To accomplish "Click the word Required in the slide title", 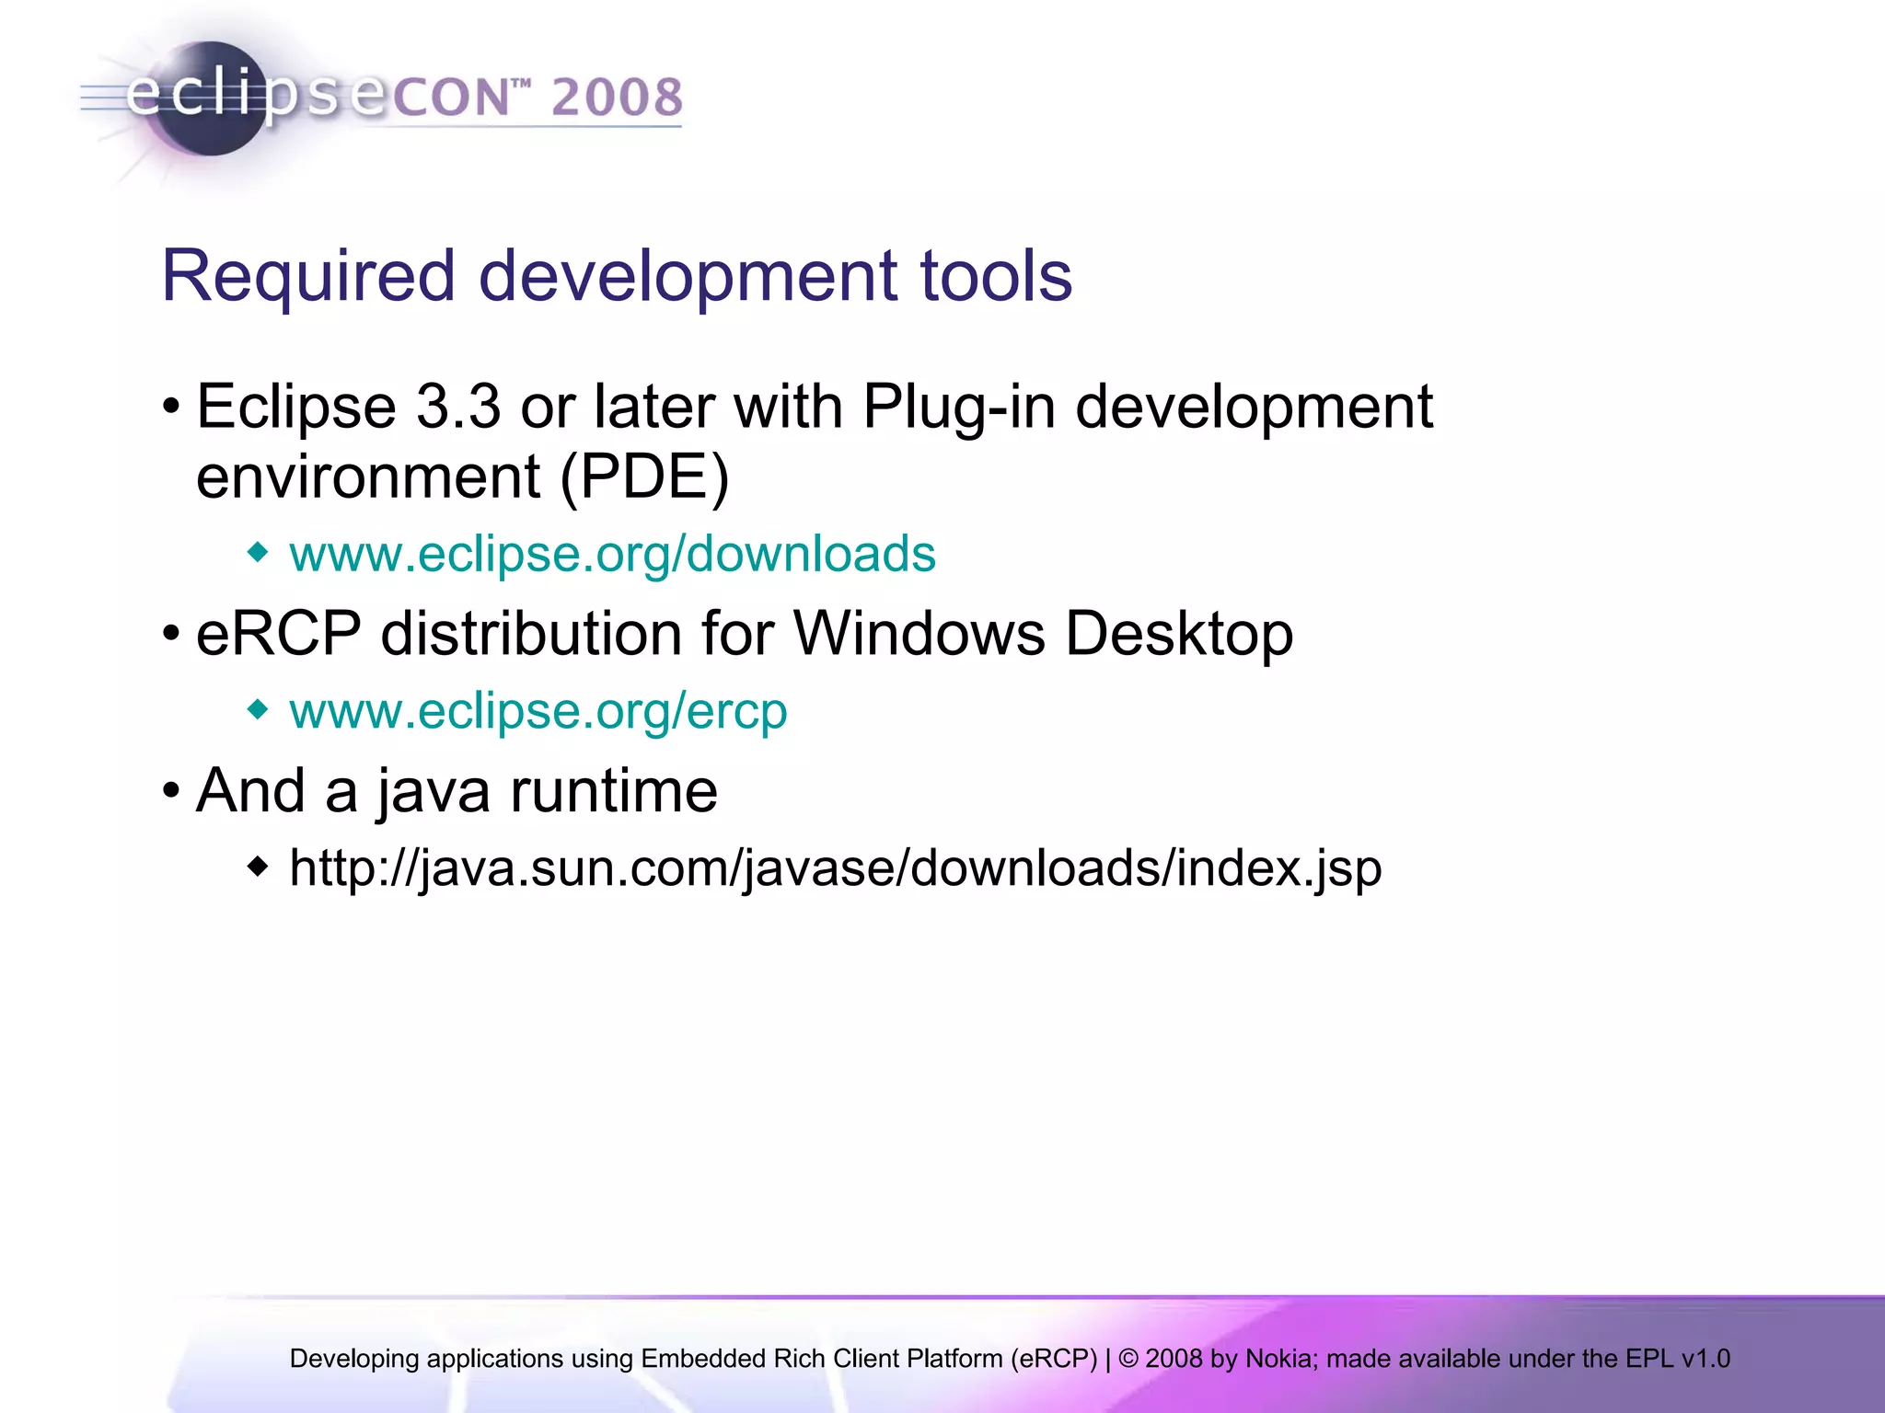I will [x=307, y=276].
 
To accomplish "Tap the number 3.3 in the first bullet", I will [x=458, y=407].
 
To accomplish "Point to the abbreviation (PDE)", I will [x=644, y=478].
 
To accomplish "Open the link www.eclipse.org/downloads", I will [x=612, y=554].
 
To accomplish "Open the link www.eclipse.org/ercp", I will [x=538, y=711].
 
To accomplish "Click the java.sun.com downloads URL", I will [x=835, y=868].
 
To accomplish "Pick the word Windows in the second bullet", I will [x=919, y=634].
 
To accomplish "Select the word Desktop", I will [x=1179, y=636].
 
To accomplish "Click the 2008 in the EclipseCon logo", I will [x=617, y=98].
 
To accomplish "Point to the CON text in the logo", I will [x=452, y=98].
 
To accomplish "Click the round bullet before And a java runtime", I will [x=170, y=791].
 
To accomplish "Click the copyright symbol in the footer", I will [x=1128, y=1359].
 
